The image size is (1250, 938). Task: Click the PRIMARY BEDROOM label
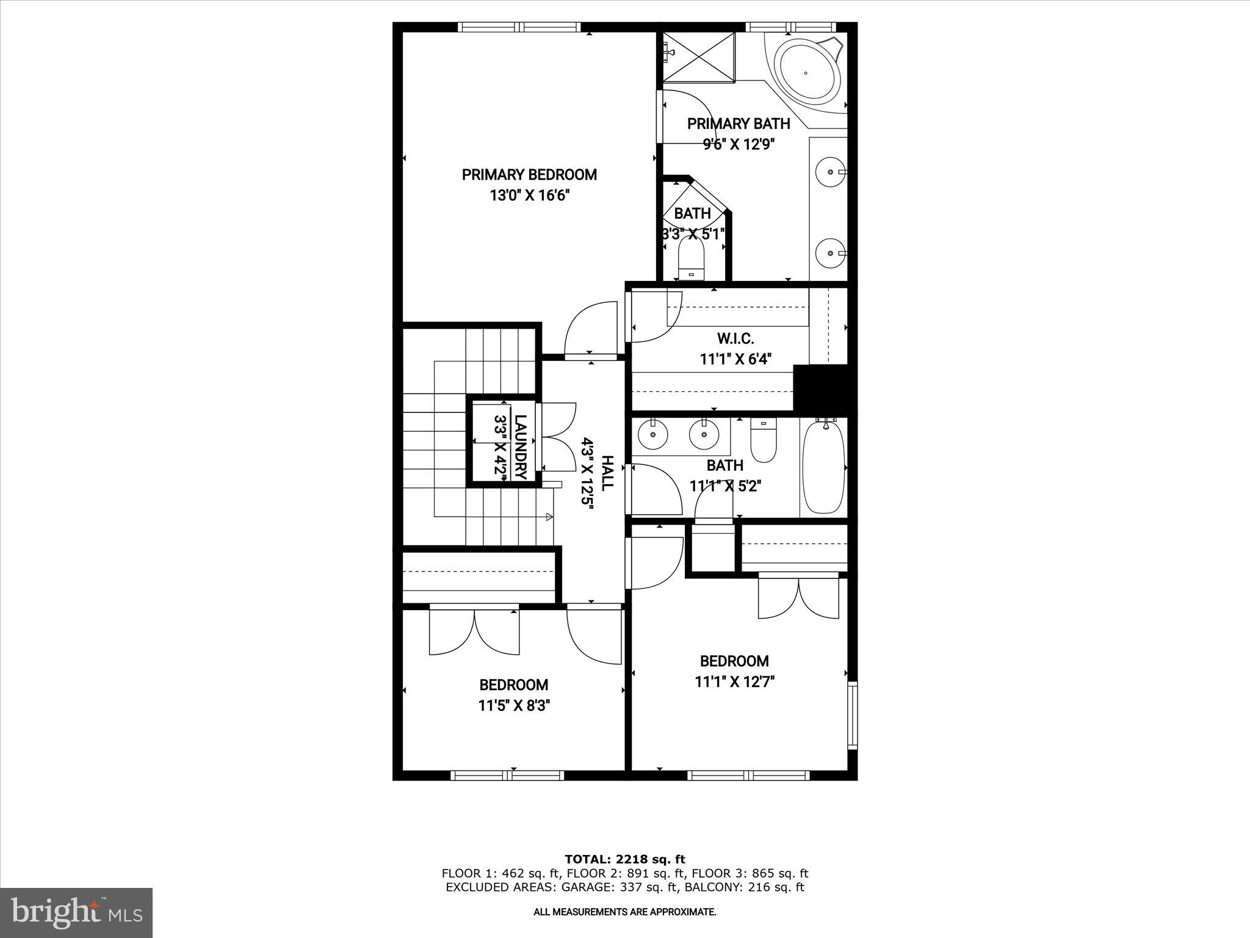(529, 175)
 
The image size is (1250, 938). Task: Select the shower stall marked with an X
(699, 57)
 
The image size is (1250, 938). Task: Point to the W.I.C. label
(735, 338)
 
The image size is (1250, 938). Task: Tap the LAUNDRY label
(520, 447)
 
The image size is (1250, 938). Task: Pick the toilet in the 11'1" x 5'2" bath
(763, 443)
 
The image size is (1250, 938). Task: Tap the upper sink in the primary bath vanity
(830, 172)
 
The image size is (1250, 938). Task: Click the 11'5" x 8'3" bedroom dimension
(514, 706)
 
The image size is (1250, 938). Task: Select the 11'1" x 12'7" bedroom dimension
(734, 682)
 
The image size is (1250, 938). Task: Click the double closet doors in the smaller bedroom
(474, 632)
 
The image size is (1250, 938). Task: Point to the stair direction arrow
(549, 517)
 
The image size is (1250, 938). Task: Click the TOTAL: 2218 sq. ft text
(624, 860)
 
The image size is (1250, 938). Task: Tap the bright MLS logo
(76, 912)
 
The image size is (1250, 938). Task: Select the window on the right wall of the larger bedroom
(852, 715)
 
